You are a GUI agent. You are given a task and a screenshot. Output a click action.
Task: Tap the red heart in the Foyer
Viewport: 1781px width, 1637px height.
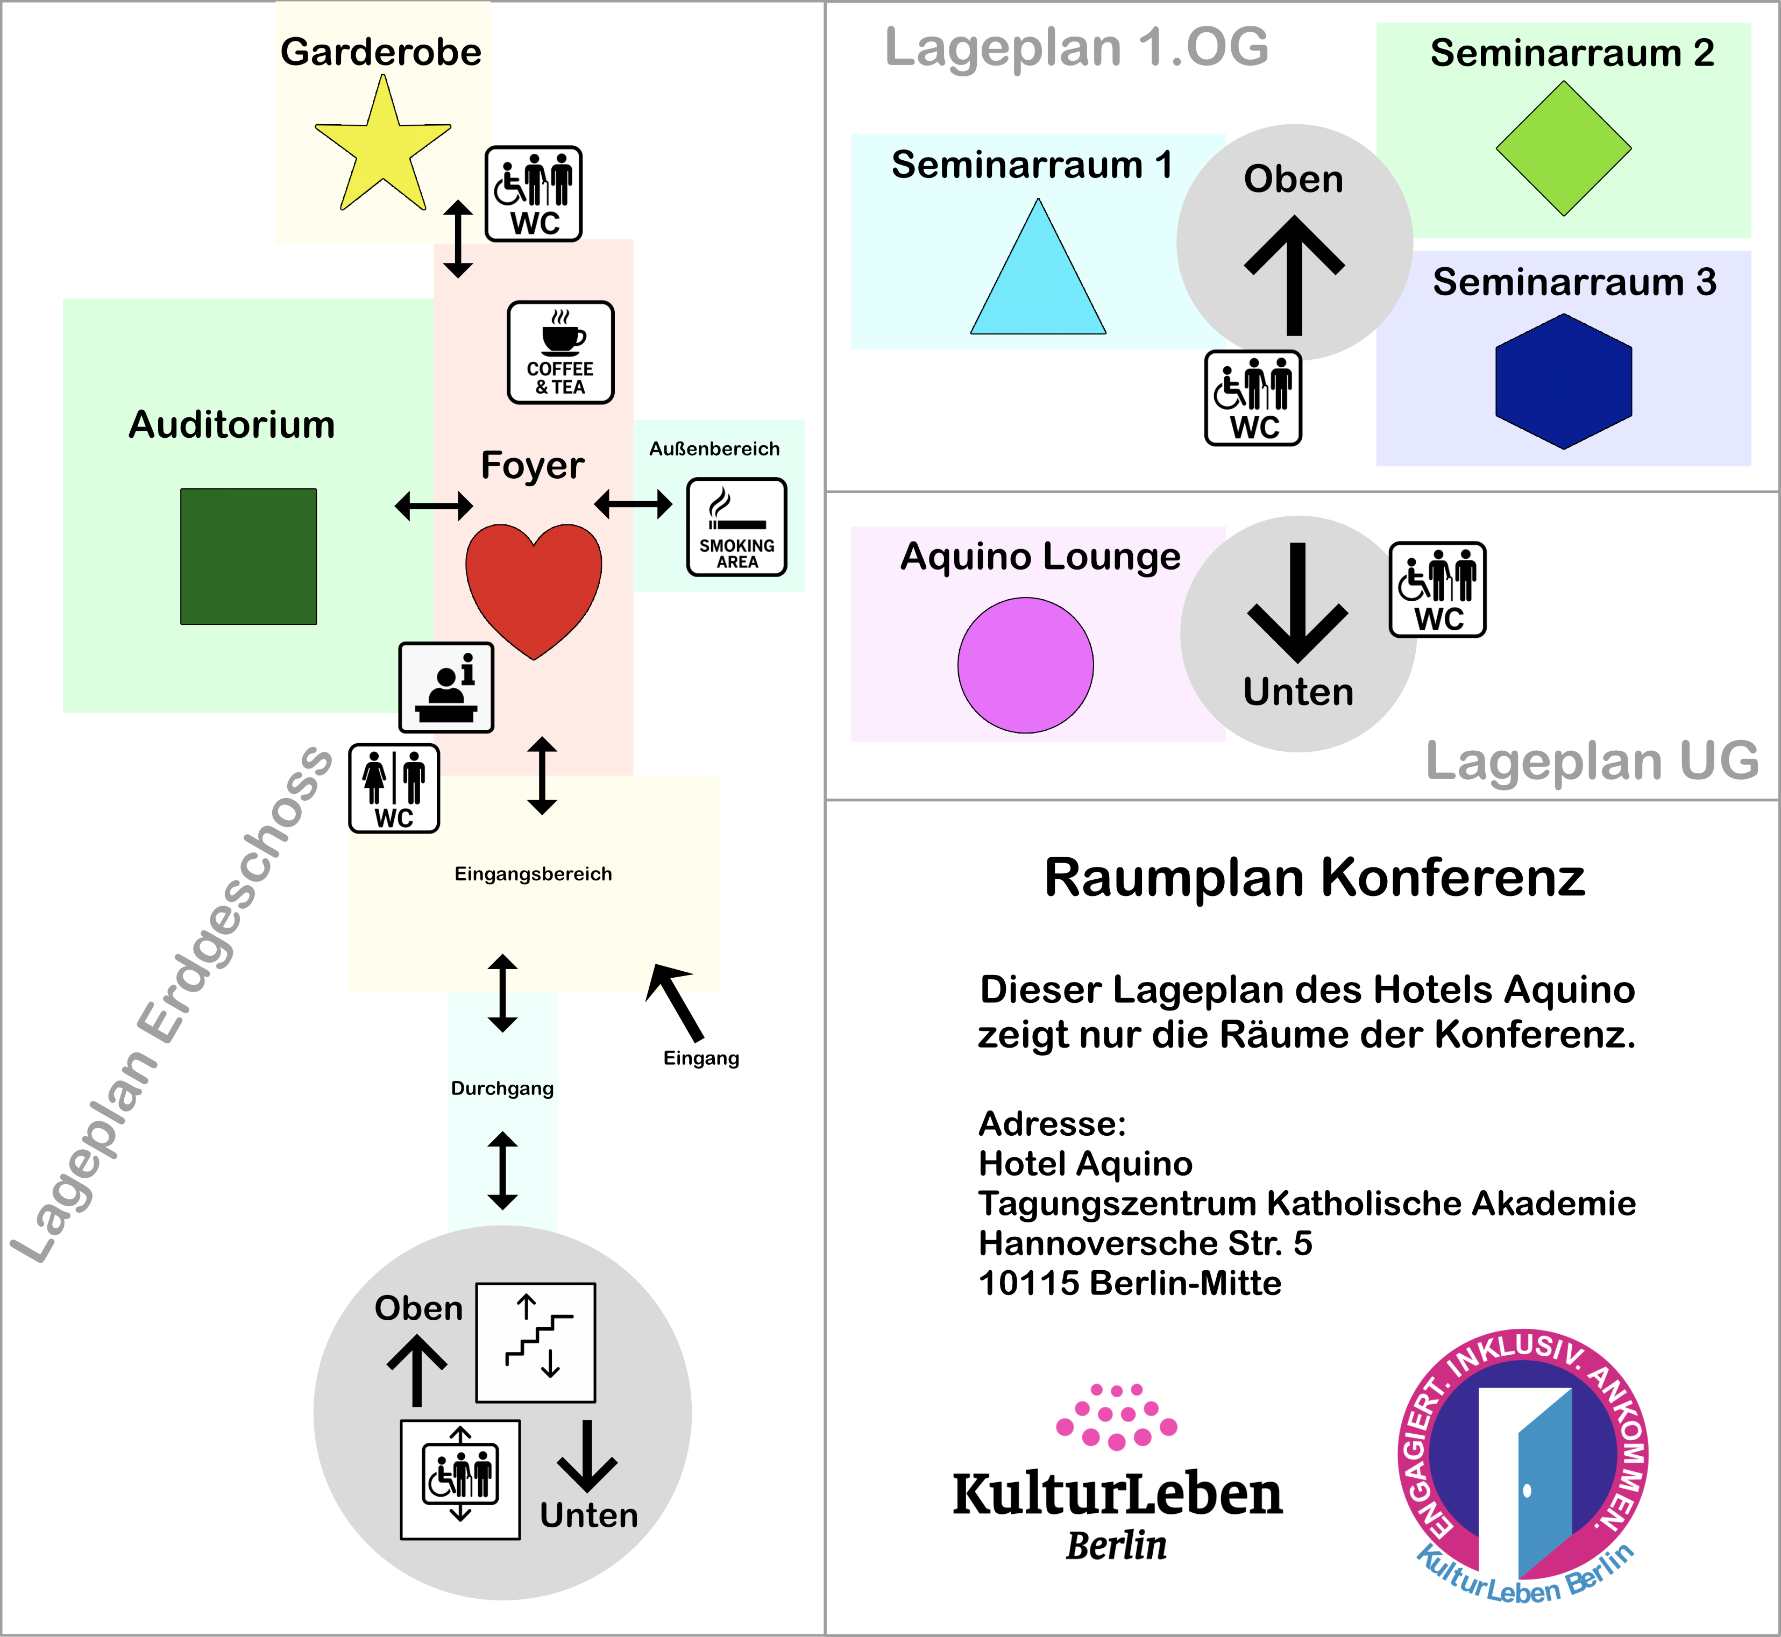pyautogui.click(x=534, y=585)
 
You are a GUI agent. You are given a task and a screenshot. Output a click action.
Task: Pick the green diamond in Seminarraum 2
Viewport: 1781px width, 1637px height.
pyautogui.click(x=1563, y=149)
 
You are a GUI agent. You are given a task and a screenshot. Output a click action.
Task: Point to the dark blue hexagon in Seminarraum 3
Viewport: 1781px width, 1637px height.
pyautogui.click(x=1563, y=381)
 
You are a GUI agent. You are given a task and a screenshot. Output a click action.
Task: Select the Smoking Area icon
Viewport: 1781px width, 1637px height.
pyautogui.click(x=736, y=527)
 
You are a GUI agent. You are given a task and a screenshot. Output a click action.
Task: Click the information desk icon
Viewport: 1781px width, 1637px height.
pyautogui.click(x=446, y=687)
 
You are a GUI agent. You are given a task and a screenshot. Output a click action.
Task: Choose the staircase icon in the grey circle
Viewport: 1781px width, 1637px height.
pyautogui.click(x=535, y=1342)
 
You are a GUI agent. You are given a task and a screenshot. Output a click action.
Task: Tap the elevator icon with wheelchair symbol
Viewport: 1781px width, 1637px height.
pyautogui.click(x=460, y=1479)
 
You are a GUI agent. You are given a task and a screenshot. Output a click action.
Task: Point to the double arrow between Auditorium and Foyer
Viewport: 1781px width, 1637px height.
pyautogui.click(x=434, y=506)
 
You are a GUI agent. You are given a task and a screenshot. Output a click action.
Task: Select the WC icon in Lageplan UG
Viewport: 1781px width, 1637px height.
pyautogui.click(x=1437, y=589)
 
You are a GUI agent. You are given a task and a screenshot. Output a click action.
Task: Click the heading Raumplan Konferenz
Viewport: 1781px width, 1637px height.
pyautogui.click(x=1314, y=878)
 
